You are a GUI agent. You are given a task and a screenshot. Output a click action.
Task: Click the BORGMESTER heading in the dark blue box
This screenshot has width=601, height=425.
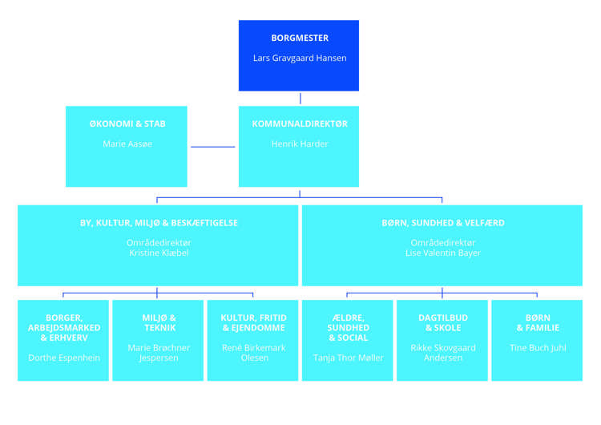pyautogui.click(x=300, y=38)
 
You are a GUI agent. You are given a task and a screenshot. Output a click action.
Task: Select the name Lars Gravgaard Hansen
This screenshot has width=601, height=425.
pyautogui.click(x=300, y=58)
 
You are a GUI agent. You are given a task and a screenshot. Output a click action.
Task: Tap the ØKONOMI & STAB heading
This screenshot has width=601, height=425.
pyautogui.click(x=127, y=124)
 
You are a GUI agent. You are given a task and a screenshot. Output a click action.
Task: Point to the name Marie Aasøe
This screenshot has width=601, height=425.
pyautogui.click(x=127, y=144)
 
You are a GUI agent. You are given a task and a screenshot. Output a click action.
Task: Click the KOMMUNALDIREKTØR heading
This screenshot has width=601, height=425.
pyautogui.click(x=300, y=124)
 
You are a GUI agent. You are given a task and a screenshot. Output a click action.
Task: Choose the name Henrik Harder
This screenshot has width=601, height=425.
pyautogui.click(x=300, y=144)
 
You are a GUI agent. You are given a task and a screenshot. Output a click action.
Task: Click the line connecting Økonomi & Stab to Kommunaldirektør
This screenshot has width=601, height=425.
pyautogui.click(x=212, y=147)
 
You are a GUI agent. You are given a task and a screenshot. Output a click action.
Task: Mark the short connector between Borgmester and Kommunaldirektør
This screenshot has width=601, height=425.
pyautogui.click(x=300, y=98)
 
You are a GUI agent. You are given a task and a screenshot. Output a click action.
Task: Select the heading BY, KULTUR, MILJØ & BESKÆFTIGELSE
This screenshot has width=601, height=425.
pyautogui.click(x=159, y=223)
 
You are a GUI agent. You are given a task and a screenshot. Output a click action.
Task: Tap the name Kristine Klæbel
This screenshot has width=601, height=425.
pyautogui.click(x=159, y=253)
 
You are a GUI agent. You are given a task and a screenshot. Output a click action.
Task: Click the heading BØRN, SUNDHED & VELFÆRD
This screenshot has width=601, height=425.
pyautogui.click(x=442, y=223)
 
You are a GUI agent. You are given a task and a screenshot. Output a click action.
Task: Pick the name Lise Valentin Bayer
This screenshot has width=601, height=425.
pyautogui.click(x=442, y=253)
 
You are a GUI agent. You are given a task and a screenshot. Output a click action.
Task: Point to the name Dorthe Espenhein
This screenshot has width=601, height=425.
pyautogui.click(x=63, y=358)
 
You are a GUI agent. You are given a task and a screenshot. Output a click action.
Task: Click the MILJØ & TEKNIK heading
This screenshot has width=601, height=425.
pyautogui.click(x=158, y=322)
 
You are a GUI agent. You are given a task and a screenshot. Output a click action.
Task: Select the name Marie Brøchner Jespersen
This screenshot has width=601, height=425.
pyautogui.click(x=158, y=352)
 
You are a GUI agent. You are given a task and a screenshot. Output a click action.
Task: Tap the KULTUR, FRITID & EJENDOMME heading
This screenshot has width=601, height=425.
pyautogui.click(x=253, y=322)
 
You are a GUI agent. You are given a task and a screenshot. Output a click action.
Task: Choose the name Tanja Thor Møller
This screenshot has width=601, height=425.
pyautogui.click(x=348, y=358)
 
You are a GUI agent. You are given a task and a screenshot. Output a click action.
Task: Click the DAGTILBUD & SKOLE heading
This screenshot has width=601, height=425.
pyautogui.click(x=442, y=322)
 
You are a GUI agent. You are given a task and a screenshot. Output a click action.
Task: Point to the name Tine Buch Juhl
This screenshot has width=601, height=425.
pyautogui.click(x=537, y=348)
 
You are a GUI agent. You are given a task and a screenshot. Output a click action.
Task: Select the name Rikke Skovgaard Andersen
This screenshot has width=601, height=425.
pyautogui.click(x=442, y=352)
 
